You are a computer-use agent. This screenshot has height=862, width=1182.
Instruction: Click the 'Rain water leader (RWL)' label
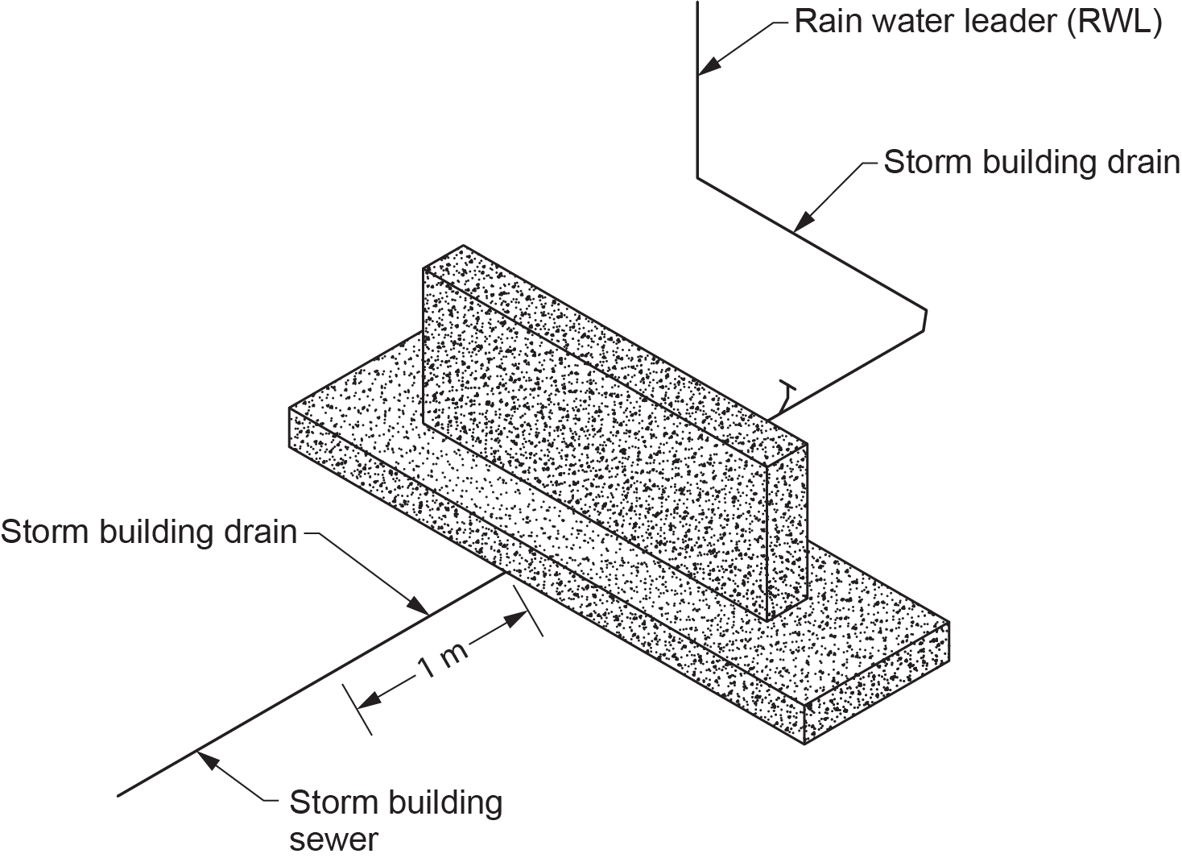977,23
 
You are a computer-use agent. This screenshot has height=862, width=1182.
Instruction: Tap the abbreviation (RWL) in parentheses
1114,23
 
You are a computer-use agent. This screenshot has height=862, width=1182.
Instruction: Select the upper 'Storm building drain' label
1031,162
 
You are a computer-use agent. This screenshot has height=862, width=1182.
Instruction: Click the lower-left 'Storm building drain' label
149,532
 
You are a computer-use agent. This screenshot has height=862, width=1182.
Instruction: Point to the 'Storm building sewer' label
396,820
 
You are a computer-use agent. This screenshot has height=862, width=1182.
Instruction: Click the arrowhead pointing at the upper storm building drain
804,221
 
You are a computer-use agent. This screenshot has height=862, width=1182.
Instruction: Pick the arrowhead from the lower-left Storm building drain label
417,606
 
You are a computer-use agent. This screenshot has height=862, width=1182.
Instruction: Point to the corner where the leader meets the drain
698,178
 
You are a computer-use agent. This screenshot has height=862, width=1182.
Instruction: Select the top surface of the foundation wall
615,344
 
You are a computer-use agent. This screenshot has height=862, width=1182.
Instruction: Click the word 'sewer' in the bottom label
334,839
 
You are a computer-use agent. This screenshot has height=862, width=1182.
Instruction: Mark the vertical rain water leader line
698,89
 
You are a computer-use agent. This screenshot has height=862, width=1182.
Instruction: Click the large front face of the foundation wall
595,444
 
